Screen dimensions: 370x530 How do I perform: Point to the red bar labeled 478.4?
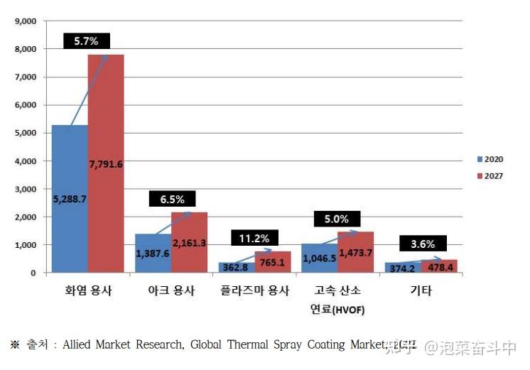[x=439, y=266]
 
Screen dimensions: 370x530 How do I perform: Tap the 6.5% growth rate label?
[x=171, y=200]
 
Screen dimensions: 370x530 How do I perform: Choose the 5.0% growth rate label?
[x=337, y=219]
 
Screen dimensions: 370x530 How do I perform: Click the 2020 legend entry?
[x=490, y=159]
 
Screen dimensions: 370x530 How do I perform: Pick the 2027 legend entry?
[x=490, y=175]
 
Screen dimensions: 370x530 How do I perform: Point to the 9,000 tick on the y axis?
[x=26, y=21]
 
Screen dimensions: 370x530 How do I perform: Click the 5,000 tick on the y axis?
[x=26, y=133]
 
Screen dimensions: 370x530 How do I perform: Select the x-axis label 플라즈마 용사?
[x=254, y=291]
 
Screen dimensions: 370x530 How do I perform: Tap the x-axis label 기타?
[x=421, y=291]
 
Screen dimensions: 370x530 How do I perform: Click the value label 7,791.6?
[x=106, y=165]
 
